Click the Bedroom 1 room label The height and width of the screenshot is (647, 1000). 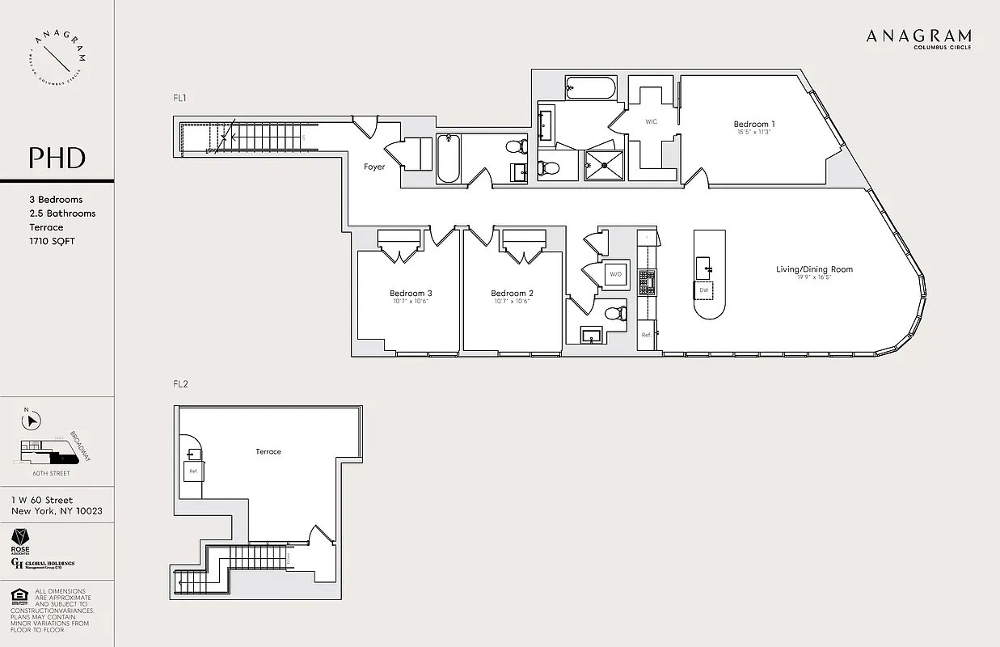[754, 124]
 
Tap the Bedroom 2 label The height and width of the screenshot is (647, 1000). [512, 294]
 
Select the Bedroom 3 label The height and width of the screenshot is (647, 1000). [411, 294]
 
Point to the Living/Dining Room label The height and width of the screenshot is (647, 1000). [814, 269]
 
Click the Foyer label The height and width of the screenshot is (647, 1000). [374, 167]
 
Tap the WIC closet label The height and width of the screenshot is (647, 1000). [651, 121]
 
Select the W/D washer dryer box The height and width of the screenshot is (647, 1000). [615, 275]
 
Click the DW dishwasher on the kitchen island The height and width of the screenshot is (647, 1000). [704, 290]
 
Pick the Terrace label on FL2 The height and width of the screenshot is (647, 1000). [268, 451]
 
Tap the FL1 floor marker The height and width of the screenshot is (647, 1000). [180, 98]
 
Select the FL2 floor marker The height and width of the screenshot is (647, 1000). [180, 384]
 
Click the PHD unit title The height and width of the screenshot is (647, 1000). [57, 157]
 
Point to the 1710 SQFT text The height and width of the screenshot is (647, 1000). [51, 241]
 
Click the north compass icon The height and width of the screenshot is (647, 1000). [31, 420]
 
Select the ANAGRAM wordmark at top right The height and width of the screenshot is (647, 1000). [918, 36]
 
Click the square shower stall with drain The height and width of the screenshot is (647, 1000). [604, 165]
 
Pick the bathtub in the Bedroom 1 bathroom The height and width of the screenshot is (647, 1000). [590, 87]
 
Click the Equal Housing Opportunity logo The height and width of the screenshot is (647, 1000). [18, 597]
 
